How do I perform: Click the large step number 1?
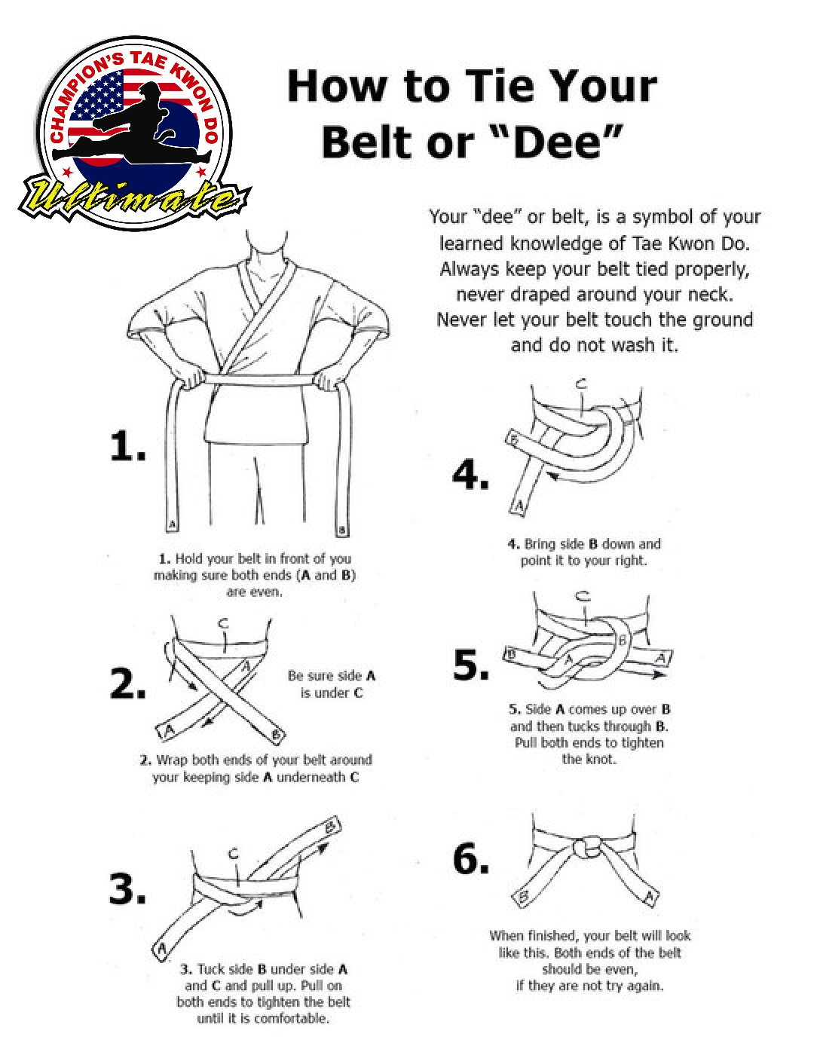pos(127,445)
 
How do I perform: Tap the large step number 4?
pos(470,474)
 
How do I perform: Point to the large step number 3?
pos(127,889)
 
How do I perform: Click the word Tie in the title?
pos(508,87)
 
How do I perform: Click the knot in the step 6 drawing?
pos(586,847)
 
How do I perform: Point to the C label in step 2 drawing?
pos(223,623)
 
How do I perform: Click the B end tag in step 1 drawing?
pos(342,530)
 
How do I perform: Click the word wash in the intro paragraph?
pos(632,345)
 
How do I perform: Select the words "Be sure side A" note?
pos(332,676)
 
